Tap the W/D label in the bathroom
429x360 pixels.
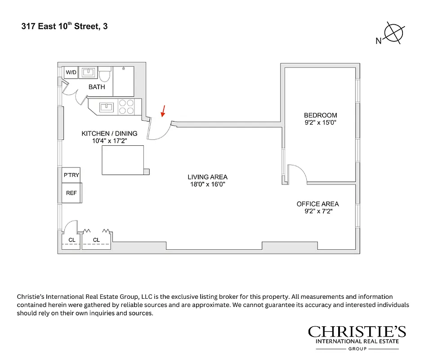click(x=71, y=72)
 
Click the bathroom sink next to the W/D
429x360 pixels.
click(x=89, y=72)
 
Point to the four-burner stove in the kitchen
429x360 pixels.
click(x=126, y=107)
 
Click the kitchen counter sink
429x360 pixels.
click(x=107, y=107)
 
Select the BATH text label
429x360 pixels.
click(x=97, y=87)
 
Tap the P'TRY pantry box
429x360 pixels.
click(x=71, y=175)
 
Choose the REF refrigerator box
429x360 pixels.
click(x=71, y=193)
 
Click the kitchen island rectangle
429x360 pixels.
click(x=123, y=160)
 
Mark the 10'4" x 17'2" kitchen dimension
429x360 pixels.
click(x=109, y=140)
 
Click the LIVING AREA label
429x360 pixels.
click(x=207, y=177)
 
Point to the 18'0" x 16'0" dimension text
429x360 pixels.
click(x=207, y=184)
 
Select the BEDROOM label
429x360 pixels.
click(x=320, y=115)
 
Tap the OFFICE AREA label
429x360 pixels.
click(x=317, y=204)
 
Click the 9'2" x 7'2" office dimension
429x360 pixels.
click(x=317, y=211)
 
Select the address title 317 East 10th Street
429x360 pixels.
click(x=64, y=27)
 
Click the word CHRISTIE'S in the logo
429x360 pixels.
click(x=357, y=332)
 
